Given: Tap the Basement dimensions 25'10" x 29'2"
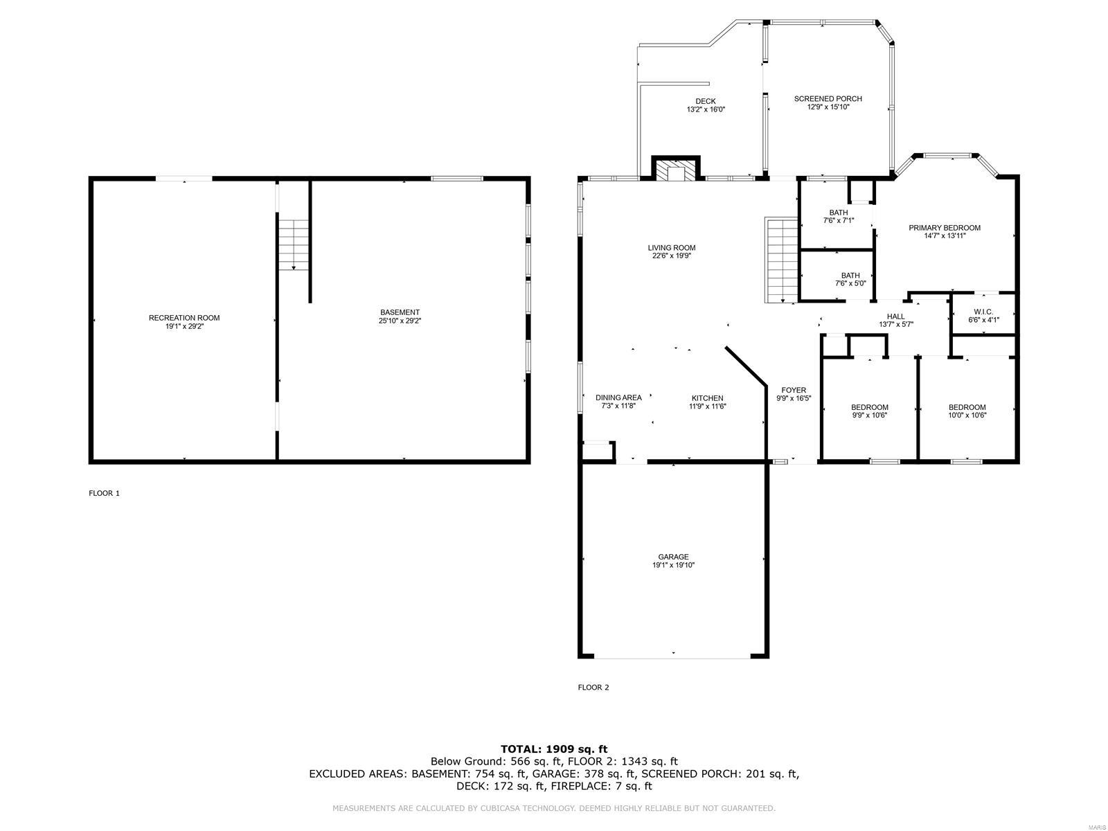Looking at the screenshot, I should point(400,321).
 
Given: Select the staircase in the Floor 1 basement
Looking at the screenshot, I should point(294,244).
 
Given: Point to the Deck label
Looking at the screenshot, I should point(706,101).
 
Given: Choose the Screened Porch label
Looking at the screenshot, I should point(828,99).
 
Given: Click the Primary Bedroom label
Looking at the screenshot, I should point(945,228).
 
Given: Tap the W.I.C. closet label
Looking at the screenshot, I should point(983,312).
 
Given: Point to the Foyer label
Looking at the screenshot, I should point(793,390).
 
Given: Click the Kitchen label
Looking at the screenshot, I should point(707,398).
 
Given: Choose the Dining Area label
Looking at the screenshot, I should point(618,397).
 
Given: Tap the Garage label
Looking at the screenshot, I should point(673,557).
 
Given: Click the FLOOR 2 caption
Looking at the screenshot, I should point(593,688).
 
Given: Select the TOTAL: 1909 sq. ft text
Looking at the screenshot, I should point(554,749).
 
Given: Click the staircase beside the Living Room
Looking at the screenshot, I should point(782,260).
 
